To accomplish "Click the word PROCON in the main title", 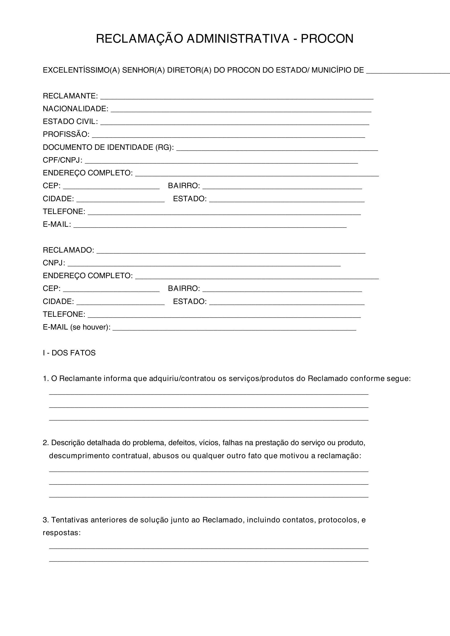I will coord(327,39).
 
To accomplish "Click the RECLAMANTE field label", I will coord(70,96).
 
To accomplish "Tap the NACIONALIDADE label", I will coord(75,108).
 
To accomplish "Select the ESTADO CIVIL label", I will coord(70,122).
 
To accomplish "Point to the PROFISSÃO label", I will coord(66,134).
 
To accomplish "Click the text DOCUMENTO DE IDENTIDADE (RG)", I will coord(108,147).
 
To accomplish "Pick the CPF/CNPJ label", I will coord(62,160).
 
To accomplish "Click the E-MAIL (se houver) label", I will coord(76,327).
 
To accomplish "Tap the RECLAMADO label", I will coord(68,250).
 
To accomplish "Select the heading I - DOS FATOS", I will coord(69,353).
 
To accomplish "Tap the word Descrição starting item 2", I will coord(68,443).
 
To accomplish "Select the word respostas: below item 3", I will coord(61,533).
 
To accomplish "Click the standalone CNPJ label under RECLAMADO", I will coord(54,263).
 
